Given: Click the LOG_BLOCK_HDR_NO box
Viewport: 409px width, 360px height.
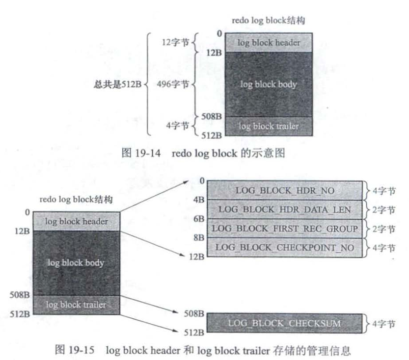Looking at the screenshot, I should tap(285, 190).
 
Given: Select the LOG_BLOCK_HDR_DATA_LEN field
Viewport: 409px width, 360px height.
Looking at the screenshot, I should tap(285, 209).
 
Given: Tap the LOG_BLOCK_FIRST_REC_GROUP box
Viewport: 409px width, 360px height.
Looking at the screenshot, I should tap(285, 229).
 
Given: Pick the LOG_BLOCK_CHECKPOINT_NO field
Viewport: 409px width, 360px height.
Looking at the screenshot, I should tap(285, 247).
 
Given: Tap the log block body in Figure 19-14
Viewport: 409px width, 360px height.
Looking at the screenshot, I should tap(269, 84).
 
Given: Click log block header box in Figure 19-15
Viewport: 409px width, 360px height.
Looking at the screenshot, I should tap(76, 222).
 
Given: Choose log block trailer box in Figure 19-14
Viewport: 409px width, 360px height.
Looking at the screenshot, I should tap(269, 126).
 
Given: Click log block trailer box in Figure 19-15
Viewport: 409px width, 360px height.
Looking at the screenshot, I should tap(76, 305).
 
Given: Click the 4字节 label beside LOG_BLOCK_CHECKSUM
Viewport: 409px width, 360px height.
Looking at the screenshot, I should tap(383, 323).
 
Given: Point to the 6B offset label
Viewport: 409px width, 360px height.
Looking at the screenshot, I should tap(199, 219).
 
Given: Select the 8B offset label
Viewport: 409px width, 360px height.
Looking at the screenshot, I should tap(199, 238).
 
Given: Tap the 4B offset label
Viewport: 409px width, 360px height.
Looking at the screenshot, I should tap(199, 200).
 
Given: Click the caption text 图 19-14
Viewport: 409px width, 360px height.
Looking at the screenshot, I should tap(142, 153).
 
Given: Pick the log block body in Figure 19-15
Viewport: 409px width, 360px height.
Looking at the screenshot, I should tap(76, 263).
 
